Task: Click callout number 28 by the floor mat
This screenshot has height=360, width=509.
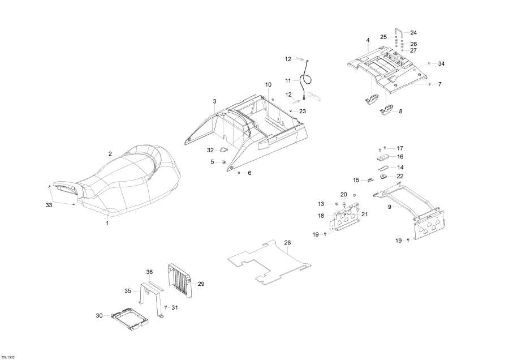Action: click(x=287, y=242)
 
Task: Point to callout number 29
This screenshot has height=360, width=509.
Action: click(x=200, y=283)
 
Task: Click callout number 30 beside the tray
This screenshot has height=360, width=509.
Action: click(x=100, y=315)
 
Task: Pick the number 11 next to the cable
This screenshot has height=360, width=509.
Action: click(x=288, y=80)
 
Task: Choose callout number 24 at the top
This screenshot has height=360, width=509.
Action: click(x=413, y=33)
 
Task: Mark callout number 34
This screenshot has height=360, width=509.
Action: click(x=441, y=64)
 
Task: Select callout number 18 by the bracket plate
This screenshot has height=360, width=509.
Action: click(x=321, y=216)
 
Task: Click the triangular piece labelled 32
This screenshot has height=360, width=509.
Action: click(x=224, y=150)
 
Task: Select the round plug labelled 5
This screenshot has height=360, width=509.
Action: click(x=224, y=162)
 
